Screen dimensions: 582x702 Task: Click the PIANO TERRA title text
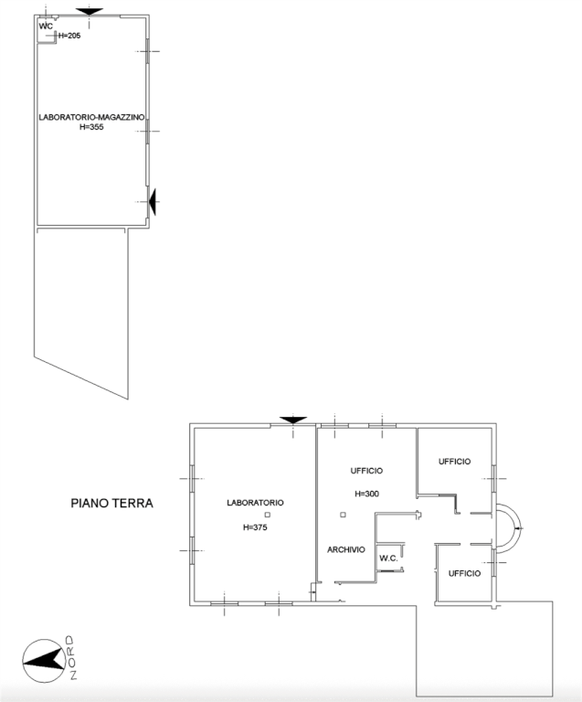[x=111, y=504]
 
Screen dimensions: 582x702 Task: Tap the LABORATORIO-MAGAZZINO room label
[x=91, y=117]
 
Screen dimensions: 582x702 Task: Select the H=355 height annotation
[x=91, y=127]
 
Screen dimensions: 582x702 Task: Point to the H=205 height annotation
[x=69, y=36]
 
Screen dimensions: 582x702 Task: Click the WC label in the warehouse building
[x=46, y=26]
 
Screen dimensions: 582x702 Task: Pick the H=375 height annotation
[x=255, y=527]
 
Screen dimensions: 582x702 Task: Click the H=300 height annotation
[x=366, y=494]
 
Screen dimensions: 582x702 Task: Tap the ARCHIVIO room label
[x=346, y=549]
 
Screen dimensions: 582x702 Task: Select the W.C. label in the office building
[x=388, y=558]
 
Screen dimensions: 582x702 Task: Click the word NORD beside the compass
[x=70, y=657]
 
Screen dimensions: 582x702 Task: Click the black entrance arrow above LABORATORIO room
[x=293, y=420]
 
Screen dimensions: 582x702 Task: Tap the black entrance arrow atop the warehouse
[x=90, y=12]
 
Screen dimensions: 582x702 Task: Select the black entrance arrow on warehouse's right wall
[x=152, y=202]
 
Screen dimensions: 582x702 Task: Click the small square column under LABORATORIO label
[x=268, y=515]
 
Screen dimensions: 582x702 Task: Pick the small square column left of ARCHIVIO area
[x=344, y=515]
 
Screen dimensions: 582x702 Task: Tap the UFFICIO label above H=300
[x=366, y=471]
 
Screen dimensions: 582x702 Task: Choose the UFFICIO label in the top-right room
[x=454, y=462]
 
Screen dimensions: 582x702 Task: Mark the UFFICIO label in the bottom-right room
[x=465, y=573]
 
